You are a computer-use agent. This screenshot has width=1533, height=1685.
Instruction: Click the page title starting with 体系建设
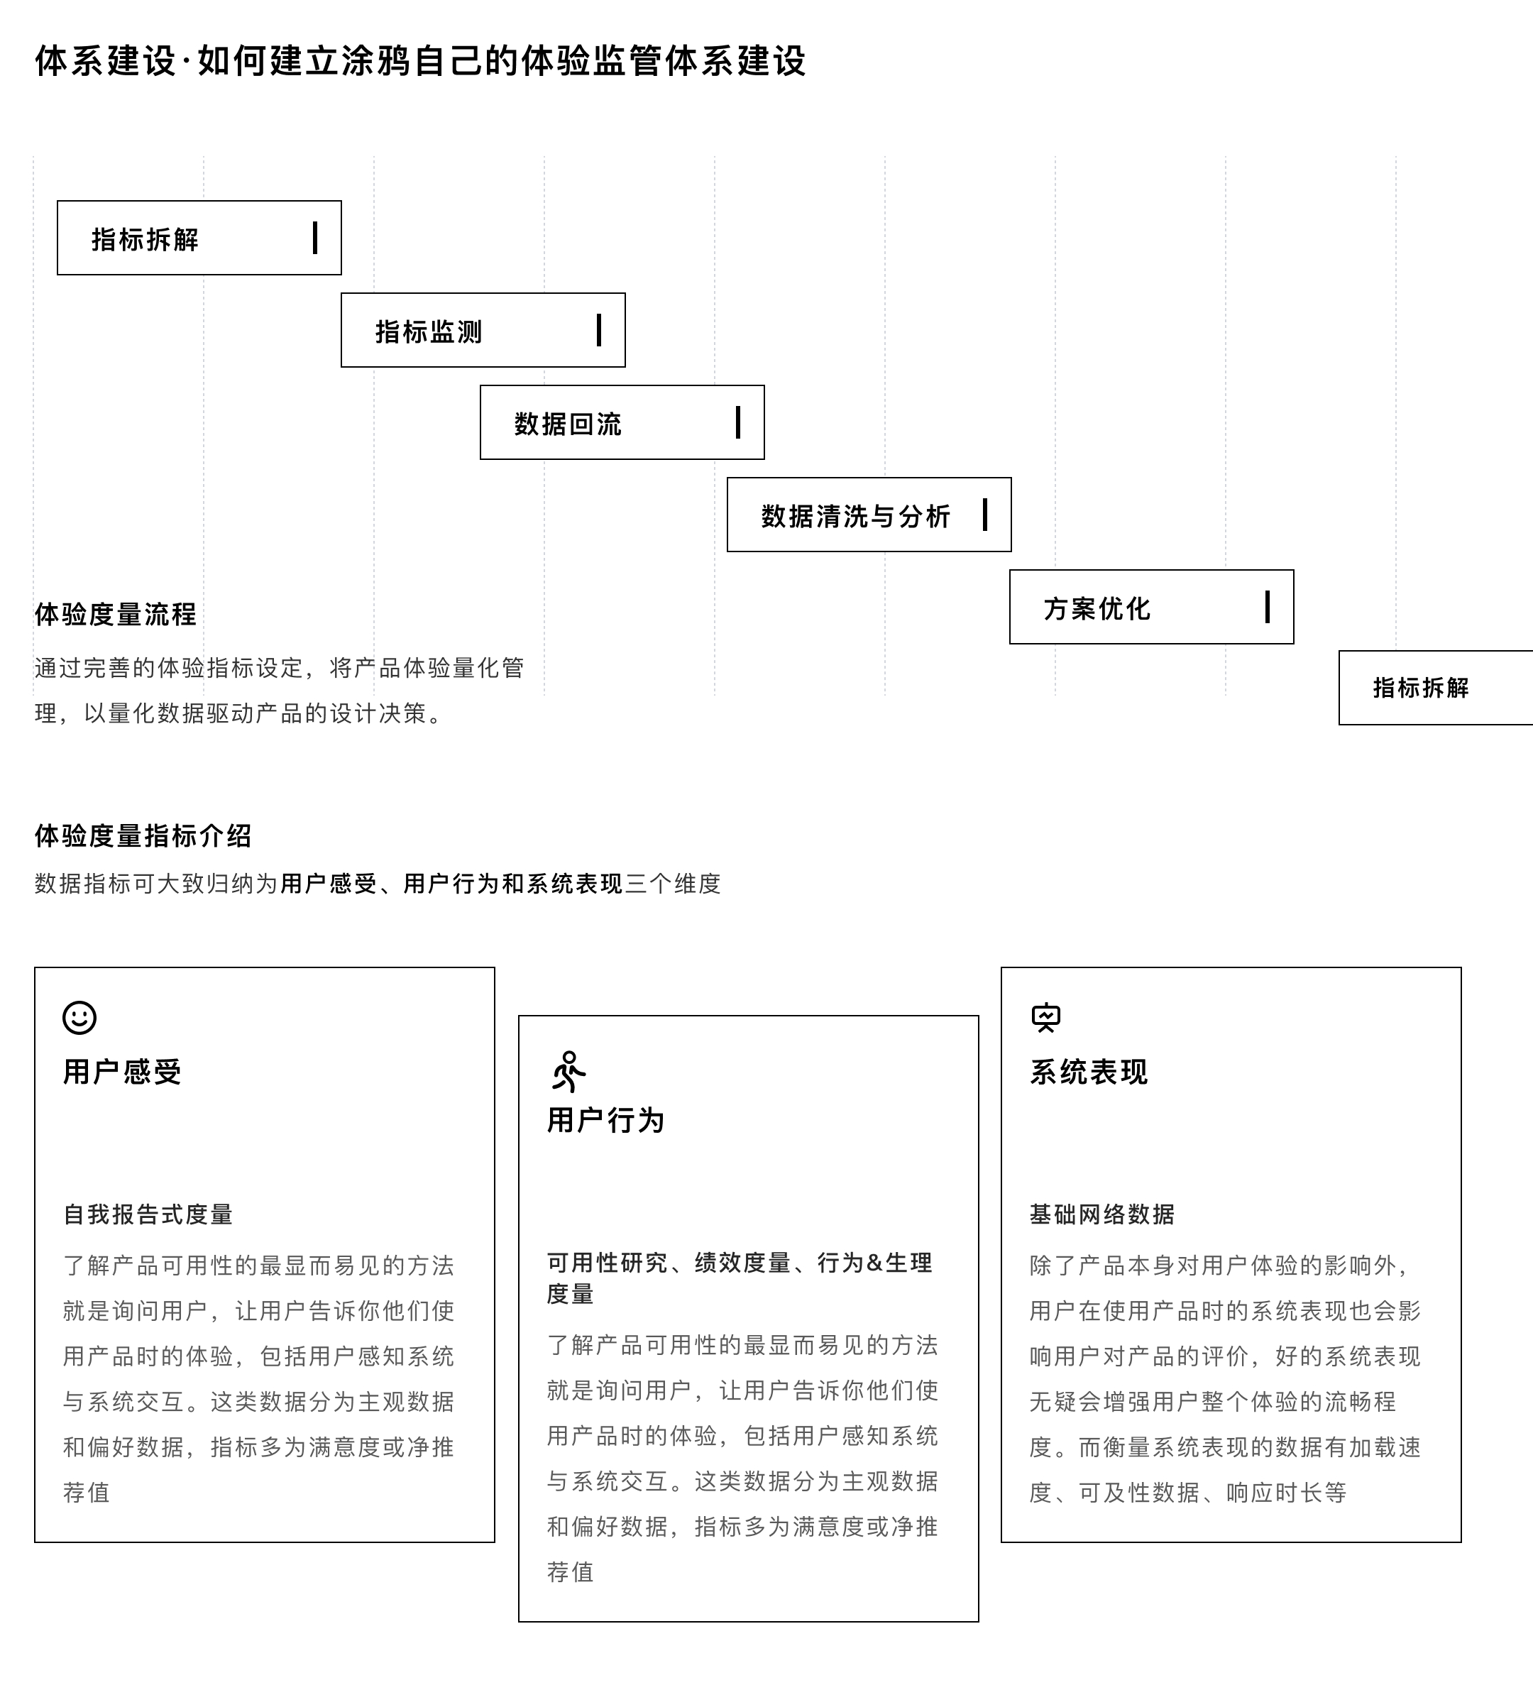tap(419, 61)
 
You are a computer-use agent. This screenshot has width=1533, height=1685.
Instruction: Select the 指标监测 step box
tap(483, 330)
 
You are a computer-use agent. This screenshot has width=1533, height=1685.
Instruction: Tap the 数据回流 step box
tap(621, 422)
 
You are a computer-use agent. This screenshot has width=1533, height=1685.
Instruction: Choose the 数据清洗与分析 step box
tap(869, 515)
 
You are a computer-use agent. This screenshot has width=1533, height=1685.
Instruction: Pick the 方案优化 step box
tap(1151, 607)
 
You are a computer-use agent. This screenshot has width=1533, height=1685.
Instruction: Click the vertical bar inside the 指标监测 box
tap(598, 330)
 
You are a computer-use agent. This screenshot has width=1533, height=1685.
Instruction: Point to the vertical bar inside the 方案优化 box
tap(1267, 607)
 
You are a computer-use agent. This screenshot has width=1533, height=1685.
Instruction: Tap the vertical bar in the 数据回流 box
tap(737, 422)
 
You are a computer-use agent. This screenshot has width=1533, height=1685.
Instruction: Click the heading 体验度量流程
tap(116, 615)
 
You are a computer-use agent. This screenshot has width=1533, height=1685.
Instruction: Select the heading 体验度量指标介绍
tap(143, 835)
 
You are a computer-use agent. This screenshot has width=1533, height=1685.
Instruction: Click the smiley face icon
tap(79, 1017)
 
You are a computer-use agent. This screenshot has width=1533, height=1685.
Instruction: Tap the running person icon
tap(568, 1072)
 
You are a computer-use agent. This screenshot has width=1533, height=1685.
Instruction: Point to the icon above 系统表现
tap(1045, 1017)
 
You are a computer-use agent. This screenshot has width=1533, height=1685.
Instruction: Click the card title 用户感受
tap(122, 1072)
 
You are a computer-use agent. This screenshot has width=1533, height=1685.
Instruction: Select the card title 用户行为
tap(606, 1120)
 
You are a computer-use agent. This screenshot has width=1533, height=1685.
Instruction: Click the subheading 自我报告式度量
tap(148, 1214)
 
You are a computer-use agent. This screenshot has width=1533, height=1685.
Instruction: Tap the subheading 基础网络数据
tap(1101, 1214)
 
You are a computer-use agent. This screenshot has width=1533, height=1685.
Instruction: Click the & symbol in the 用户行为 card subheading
tap(874, 1263)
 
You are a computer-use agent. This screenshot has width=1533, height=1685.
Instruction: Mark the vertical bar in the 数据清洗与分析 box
tap(984, 515)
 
